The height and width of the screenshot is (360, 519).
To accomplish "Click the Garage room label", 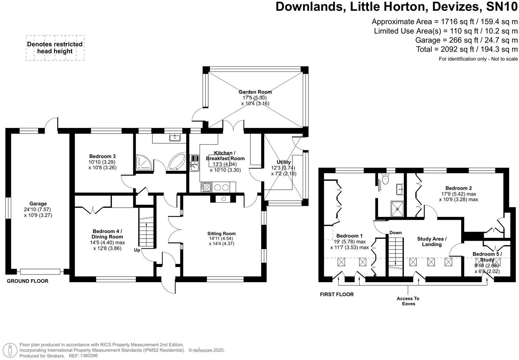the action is click(38, 204).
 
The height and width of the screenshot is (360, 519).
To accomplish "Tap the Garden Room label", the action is click(255, 92).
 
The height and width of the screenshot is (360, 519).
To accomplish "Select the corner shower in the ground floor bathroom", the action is click(144, 162).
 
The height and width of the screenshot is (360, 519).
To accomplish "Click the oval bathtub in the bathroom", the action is click(177, 161).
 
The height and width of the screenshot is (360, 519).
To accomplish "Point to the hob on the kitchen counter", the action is click(206, 187).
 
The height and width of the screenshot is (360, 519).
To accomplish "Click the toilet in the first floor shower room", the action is click(385, 178).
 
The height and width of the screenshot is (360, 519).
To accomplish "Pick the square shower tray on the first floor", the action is click(397, 209).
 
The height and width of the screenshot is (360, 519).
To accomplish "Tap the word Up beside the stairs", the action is click(137, 250).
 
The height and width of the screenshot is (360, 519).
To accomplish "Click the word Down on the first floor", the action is click(395, 233).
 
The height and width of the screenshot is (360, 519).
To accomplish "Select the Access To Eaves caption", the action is click(408, 301).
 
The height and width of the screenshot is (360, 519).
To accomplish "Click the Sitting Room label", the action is click(221, 233).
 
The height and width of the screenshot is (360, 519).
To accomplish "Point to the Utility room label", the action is click(284, 162).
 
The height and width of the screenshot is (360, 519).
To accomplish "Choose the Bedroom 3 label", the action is click(103, 156).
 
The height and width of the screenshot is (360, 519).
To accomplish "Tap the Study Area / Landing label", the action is click(432, 241).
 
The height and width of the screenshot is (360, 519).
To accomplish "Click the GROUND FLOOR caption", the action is click(28, 281).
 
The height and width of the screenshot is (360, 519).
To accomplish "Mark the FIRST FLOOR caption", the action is click(337, 294).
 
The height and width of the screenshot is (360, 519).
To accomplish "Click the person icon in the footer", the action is click(10, 350).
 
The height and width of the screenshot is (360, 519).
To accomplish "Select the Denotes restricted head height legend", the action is click(55, 48).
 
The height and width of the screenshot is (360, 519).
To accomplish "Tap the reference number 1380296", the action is click(89, 355).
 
